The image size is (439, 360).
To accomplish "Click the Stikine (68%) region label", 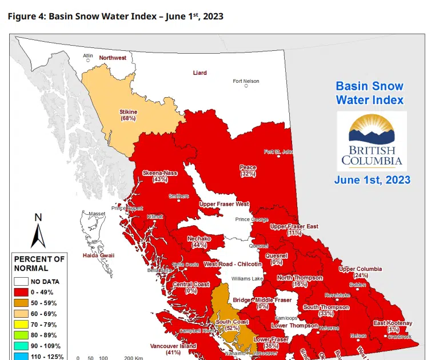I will click(x=128, y=115).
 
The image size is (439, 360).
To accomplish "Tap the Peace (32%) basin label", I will click(x=248, y=170).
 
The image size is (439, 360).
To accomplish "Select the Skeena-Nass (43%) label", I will click(x=159, y=175).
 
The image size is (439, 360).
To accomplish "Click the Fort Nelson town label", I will click(x=246, y=81).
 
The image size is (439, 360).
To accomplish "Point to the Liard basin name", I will click(x=199, y=73).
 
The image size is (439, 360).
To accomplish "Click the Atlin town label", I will click(x=87, y=56).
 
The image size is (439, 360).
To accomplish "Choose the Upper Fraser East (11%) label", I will click(x=294, y=229).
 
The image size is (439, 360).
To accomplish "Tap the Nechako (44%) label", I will click(x=199, y=241).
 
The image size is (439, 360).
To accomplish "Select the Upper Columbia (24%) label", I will click(x=361, y=271).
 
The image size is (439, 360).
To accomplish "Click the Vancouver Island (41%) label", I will click(x=173, y=349).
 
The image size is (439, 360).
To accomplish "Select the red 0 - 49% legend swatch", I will click(x=21, y=292).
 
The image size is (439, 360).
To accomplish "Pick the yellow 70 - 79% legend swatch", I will click(x=21, y=325).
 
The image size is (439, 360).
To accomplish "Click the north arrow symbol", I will click(x=38, y=231).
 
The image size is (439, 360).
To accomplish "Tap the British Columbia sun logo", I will click(x=371, y=133).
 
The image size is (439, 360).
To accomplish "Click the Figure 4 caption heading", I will click(x=115, y=16).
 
